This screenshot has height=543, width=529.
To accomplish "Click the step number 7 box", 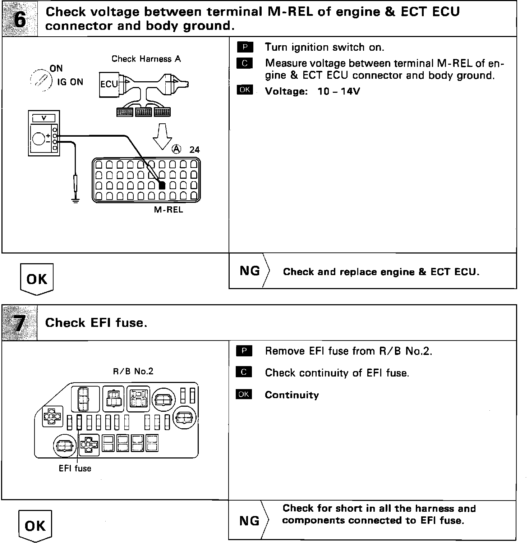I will tap(19, 323).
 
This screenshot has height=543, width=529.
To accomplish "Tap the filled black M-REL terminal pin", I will tap(162, 186).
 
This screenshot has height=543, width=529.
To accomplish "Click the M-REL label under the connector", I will tap(169, 210).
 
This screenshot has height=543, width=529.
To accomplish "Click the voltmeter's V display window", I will tap(44, 118).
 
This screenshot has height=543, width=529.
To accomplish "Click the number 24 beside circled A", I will tap(194, 150).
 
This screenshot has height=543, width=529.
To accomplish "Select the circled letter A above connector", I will tap(176, 149).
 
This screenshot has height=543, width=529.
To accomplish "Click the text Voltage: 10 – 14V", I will tap(312, 91).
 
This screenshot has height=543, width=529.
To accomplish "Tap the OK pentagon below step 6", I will tap(37, 279).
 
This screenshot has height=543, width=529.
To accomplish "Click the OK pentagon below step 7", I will tap(35, 526).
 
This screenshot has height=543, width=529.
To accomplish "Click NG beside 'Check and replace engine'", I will tap(250, 271).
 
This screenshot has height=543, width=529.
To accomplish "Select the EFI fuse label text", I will tap(75, 469).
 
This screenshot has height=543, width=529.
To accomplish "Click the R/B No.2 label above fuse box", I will tap(133, 371).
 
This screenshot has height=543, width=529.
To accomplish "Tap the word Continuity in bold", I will tap(292, 395).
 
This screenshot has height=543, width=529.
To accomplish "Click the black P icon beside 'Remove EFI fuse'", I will tap(244, 351).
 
